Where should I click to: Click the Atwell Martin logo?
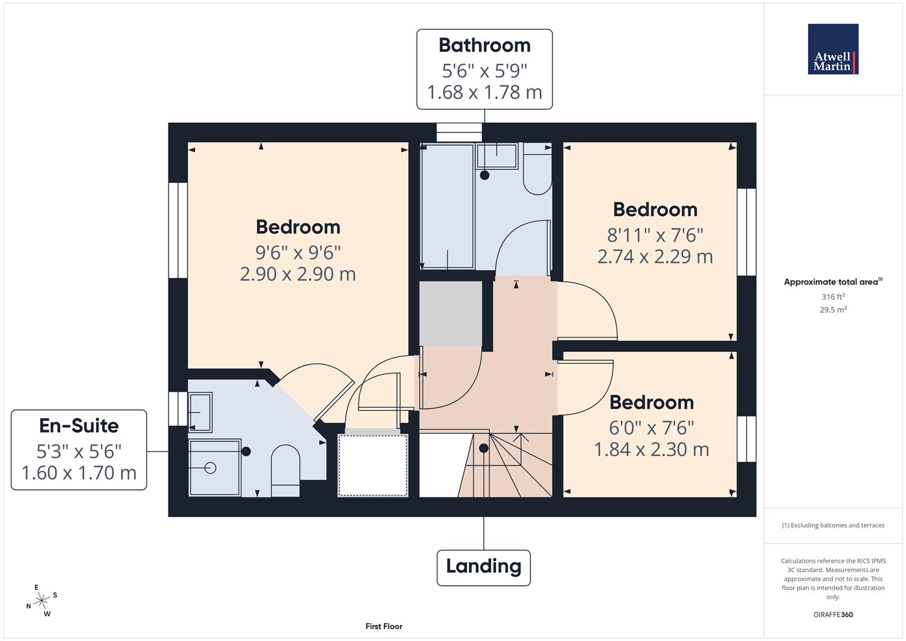tap(833, 49)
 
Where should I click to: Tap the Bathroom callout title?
tap(484, 45)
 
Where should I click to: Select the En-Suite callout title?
tap(79, 426)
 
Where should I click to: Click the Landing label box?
tap(484, 567)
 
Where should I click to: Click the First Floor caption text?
tap(384, 626)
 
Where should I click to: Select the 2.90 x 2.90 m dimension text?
tap(298, 274)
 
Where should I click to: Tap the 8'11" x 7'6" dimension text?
tap(655, 235)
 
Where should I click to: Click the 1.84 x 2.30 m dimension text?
tap(651, 449)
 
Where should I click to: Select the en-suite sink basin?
tap(200, 412)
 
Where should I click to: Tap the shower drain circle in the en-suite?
tap(210, 468)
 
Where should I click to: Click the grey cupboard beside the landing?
tap(450, 313)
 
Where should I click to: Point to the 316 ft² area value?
tap(833, 297)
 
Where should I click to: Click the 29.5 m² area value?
tap(833, 309)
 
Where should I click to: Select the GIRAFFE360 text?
tap(833, 614)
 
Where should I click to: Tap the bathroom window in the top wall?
tap(459, 132)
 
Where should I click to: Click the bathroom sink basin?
tap(497, 156)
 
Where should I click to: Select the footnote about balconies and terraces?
tap(833, 525)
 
